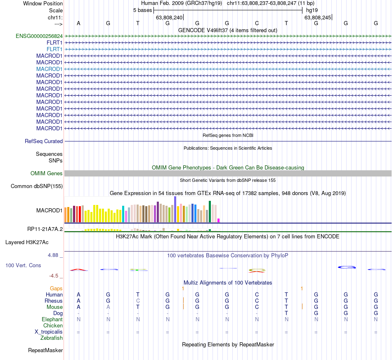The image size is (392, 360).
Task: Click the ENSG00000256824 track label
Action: pos(39,36)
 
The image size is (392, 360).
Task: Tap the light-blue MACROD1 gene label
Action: pos(49,69)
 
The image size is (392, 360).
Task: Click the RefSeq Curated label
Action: pos(44,141)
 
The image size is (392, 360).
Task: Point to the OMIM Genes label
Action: pos(47,173)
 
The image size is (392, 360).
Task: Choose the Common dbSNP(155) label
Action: pos(37,186)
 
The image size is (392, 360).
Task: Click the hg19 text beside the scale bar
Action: pos(312,9)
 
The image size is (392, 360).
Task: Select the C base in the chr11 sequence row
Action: pos(257,23)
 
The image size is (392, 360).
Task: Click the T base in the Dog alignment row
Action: pos(286,313)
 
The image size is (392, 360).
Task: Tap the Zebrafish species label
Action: pos(52,338)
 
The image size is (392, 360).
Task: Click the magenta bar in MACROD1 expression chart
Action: pos(219,220)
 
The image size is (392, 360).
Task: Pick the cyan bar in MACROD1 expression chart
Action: pos(123,214)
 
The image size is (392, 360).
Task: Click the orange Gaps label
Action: pos(56,288)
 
